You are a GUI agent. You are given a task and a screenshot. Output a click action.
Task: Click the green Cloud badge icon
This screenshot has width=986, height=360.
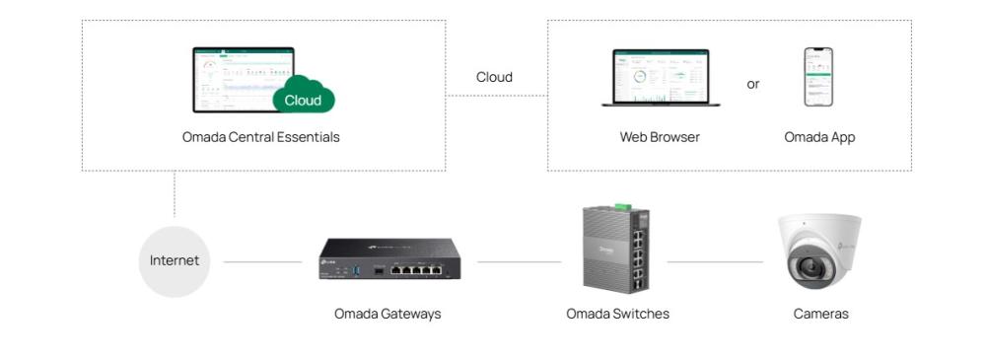pyautogui.click(x=304, y=98)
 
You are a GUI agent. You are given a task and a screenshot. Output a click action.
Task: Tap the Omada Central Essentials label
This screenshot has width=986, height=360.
pyautogui.click(x=260, y=137)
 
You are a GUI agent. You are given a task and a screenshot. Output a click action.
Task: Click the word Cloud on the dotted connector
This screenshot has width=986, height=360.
pyautogui.click(x=494, y=77)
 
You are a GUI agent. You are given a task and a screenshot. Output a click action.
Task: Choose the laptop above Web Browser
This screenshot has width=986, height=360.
pyautogui.click(x=661, y=78)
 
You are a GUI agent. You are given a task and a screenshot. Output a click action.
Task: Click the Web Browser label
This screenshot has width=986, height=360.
pyautogui.click(x=660, y=137)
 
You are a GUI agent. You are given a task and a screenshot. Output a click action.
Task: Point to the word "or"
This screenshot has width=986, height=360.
pyautogui.click(x=753, y=85)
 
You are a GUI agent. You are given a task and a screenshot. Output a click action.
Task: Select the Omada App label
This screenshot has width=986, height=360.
pyautogui.click(x=819, y=137)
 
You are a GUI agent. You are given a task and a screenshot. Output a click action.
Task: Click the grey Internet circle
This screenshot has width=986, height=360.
pyautogui.click(x=175, y=261)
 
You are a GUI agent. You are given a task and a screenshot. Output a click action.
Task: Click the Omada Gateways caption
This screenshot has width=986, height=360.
pyautogui.click(x=387, y=314)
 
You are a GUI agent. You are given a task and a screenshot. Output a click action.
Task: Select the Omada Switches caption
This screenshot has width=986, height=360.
pyautogui.click(x=617, y=314)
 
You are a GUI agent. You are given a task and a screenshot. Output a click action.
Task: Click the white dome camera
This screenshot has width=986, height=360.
pyautogui.click(x=818, y=251)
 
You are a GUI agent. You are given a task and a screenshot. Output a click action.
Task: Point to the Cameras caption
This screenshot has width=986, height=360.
pyautogui.click(x=820, y=314)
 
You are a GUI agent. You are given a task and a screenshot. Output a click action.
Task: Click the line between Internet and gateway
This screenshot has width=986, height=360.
pyautogui.click(x=262, y=262)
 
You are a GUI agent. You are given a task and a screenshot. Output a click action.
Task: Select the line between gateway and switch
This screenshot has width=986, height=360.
pyautogui.click(x=519, y=262)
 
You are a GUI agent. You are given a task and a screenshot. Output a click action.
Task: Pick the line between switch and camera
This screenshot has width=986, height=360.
pyautogui.click(x=715, y=262)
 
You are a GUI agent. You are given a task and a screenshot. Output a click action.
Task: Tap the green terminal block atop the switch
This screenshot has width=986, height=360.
pyautogui.click(x=623, y=206)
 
